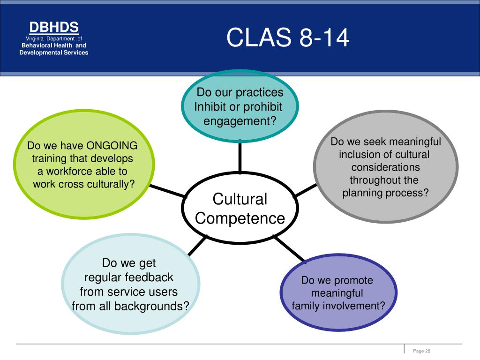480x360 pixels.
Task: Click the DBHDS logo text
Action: click(54, 27)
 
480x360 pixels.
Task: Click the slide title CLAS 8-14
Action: click(288, 37)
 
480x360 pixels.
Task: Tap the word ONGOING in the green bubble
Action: click(112, 145)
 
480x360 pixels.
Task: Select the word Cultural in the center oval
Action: click(240, 199)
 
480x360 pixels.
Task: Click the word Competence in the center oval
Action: click(240, 218)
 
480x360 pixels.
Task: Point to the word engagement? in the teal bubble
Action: click(240, 121)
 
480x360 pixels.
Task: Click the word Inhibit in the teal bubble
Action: click(210, 106)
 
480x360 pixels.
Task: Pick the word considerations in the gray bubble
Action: click(385, 167)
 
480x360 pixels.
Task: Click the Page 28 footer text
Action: click(421, 351)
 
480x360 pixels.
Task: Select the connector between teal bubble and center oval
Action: click(240, 157)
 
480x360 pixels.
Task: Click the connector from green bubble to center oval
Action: click(167, 191)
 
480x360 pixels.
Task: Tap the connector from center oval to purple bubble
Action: click(289, 249)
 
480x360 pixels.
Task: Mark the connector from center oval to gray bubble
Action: click(305, 190)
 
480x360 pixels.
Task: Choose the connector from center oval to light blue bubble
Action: click(198, 246)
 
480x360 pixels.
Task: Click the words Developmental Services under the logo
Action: click(54, 52)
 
